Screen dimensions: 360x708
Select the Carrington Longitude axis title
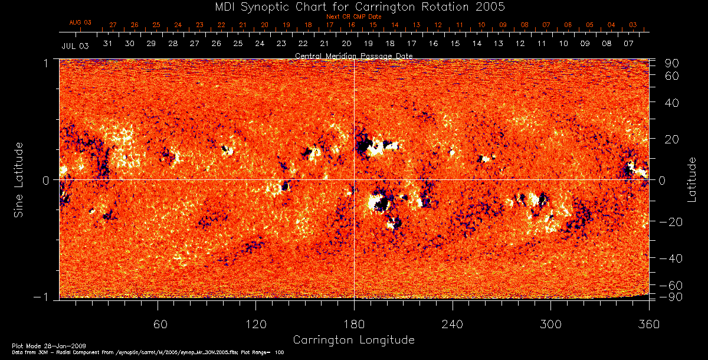(353, 340)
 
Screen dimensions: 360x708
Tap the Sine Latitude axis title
(19, 179)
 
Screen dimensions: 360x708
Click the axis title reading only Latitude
(691, 179)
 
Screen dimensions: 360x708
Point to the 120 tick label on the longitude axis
(255, 324)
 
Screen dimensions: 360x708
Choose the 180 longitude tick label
(354, 324)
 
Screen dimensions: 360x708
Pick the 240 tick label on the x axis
(452, 324)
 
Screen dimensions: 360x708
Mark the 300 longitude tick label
(550, 324)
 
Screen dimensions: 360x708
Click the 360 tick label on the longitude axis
(648, 324)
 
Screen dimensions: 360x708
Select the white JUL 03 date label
(75, 45)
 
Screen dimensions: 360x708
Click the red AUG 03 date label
(80, 22)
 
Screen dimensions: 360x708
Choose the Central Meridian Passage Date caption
(353, 55)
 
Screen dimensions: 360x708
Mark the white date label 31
(108, 44)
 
